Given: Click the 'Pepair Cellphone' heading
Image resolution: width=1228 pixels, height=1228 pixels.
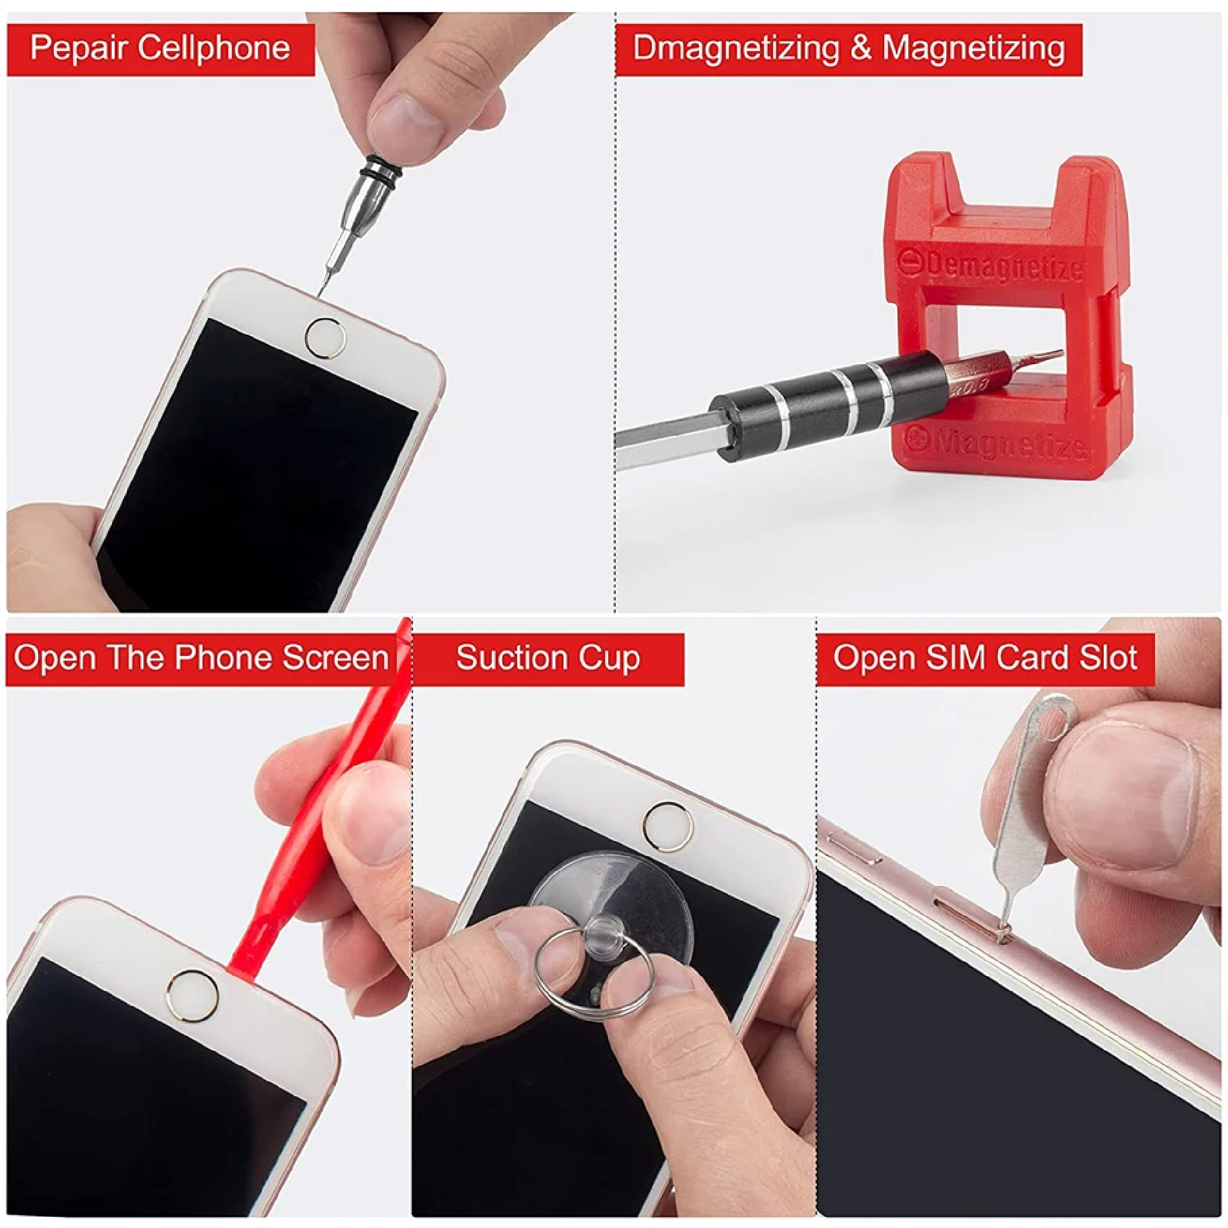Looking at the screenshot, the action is tap(160, 48).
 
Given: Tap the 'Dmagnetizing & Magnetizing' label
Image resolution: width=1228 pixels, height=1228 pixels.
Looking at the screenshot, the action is tap(849, 48).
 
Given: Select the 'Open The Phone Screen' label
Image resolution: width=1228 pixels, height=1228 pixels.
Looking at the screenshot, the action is tap(201, 657).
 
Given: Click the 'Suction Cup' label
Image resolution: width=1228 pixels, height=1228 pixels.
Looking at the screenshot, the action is tap(548, 657).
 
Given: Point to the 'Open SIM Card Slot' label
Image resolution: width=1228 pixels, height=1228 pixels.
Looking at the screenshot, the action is tap(985, 657).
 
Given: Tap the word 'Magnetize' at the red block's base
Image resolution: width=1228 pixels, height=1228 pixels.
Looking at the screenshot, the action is tap(999, 443).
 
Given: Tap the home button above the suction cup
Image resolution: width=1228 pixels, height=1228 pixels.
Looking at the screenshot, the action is tap(669, 828).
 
